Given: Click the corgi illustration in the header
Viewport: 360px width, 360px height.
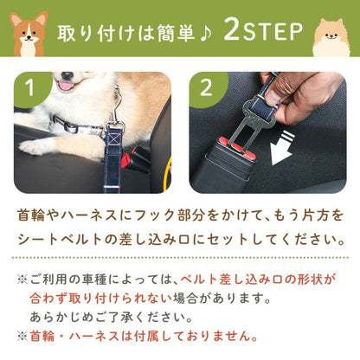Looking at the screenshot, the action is (29, 34).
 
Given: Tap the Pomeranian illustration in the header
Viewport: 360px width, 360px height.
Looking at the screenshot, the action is (331, 37).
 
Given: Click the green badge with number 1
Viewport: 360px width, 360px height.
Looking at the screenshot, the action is (31, 89).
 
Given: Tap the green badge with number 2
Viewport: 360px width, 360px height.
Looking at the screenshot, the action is (207, 89).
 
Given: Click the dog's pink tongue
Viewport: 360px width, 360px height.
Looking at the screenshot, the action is (66, 86).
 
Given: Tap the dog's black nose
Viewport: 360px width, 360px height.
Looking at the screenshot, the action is (67, 75).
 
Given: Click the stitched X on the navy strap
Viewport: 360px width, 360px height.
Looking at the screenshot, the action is (114, 138).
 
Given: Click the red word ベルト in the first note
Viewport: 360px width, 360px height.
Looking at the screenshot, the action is (199, 280).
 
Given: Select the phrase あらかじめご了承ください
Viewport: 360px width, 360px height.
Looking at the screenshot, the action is (112, 317).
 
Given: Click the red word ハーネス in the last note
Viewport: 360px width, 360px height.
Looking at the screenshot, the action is (94, 337).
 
